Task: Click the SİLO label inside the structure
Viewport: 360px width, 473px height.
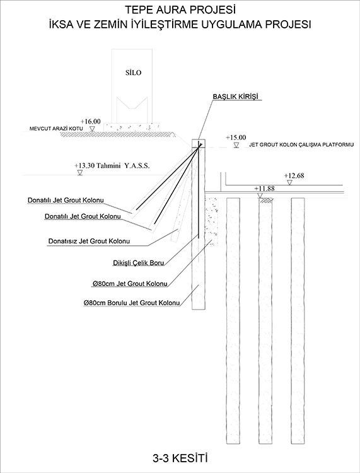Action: point(133,73)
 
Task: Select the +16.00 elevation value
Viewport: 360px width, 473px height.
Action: point(90,121)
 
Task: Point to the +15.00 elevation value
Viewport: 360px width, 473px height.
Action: point(236,137)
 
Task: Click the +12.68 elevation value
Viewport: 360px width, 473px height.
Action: point(294,175)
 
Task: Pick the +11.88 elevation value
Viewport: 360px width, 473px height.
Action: point(264,189)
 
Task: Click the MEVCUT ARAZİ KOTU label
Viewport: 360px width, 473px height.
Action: point(56,129)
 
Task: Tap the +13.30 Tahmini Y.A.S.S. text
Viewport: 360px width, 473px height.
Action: point(112,166)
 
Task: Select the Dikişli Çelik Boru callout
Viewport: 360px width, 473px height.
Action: point(139,263)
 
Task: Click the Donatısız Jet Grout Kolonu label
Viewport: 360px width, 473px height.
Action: point(90,242)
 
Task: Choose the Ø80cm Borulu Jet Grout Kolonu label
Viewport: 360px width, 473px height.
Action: point(132,303)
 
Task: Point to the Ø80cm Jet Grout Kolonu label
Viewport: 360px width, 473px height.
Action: point(130,284)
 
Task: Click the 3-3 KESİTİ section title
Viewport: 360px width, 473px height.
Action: point(180,459)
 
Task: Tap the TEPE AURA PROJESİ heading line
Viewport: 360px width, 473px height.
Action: point(180,10)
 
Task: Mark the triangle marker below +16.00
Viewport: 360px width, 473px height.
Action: point(93,129)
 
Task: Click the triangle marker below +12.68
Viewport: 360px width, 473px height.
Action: point(290,182)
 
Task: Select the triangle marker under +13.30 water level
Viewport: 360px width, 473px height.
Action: point(80,173)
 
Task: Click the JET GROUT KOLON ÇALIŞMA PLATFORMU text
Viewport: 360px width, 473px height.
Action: point(301,145)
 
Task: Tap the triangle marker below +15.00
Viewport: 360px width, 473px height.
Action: point(236,146)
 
